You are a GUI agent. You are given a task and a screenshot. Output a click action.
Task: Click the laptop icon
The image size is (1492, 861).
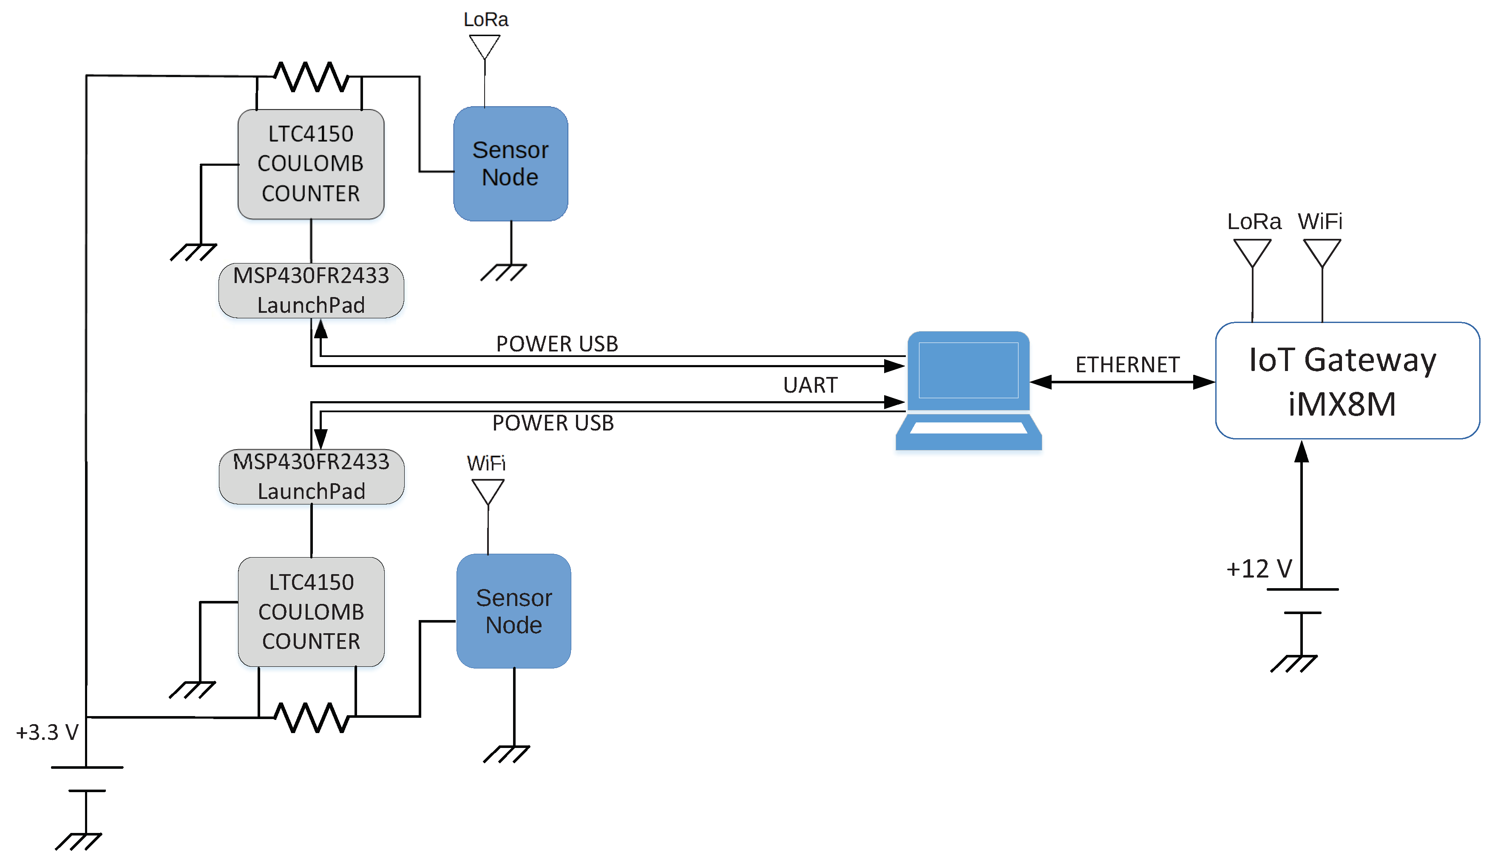(968, 390)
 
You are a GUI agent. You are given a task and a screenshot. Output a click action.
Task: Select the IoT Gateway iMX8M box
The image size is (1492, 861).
(1347, 380)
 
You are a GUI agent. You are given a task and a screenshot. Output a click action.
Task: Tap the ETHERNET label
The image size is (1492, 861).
(1127, 365)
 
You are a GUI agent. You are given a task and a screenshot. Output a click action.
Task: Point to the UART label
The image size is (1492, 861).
(810, 385)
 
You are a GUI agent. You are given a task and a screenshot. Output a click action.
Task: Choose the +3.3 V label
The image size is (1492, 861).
(47, 732)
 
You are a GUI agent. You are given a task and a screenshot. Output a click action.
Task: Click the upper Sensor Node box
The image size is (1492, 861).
(511, 164)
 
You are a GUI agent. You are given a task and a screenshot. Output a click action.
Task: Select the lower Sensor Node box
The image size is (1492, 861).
(513, 611)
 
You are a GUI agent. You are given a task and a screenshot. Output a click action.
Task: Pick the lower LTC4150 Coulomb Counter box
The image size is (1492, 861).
(311, 612)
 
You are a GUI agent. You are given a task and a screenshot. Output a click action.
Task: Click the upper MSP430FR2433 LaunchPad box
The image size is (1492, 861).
(311, 290)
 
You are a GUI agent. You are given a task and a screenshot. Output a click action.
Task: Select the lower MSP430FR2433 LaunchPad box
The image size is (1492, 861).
(312, 477)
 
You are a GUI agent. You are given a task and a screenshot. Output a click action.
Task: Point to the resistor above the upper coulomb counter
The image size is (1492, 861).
(311, 77)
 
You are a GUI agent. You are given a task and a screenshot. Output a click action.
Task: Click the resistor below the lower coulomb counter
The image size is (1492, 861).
(312, 717)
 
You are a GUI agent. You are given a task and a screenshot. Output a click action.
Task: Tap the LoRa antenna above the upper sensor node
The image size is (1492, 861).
(485, 47)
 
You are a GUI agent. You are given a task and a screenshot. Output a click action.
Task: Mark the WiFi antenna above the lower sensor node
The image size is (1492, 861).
(488, 492)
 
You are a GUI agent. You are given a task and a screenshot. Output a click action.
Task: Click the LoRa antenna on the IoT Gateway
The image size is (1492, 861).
(1253, 253)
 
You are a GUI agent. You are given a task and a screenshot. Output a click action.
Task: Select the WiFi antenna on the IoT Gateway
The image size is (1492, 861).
(1322, 253)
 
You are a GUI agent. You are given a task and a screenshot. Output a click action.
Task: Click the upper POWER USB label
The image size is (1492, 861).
(557, 343)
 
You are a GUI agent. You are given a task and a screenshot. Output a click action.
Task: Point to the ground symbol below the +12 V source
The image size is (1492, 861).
(1293, 663)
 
